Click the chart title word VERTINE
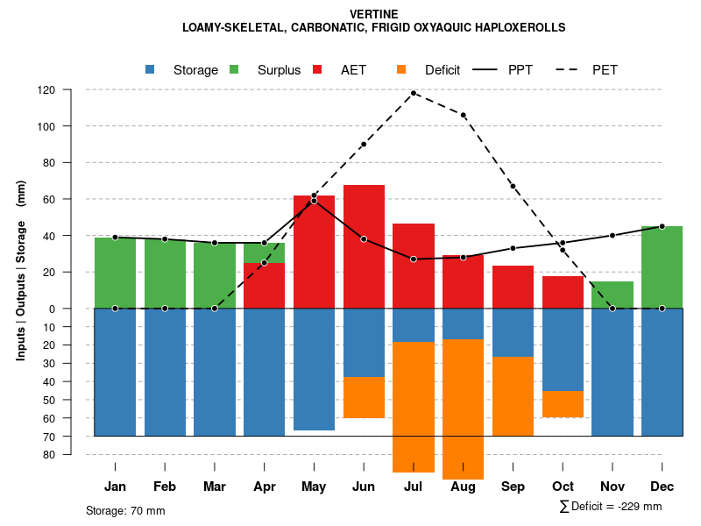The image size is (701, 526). (x=373, y=14)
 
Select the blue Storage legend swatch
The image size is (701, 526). (x=150, y=69)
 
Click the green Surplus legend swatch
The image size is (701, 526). (x=234, y=69)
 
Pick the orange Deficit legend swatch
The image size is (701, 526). (x=401, y=69)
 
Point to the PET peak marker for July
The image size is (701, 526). (x=414, y=93)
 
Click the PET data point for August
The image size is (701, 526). (x=463, y=115)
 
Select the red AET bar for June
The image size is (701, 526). (x=364, y=245)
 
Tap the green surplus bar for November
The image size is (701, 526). (x=612, y=295)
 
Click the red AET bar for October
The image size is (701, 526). (x=563, y=292)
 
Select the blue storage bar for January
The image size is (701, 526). (x=116, y=372)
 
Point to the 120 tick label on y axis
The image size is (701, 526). (x=71, y=90)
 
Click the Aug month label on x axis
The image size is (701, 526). (x=463, y=487)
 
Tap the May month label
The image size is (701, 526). (x=314, y=487)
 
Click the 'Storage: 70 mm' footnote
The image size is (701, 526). (x=125, y=510)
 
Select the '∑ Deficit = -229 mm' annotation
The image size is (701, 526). (x=610, y=507)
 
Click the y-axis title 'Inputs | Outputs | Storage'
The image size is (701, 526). (x=21, y=281)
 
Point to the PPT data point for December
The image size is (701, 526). (x=662, y=226)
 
